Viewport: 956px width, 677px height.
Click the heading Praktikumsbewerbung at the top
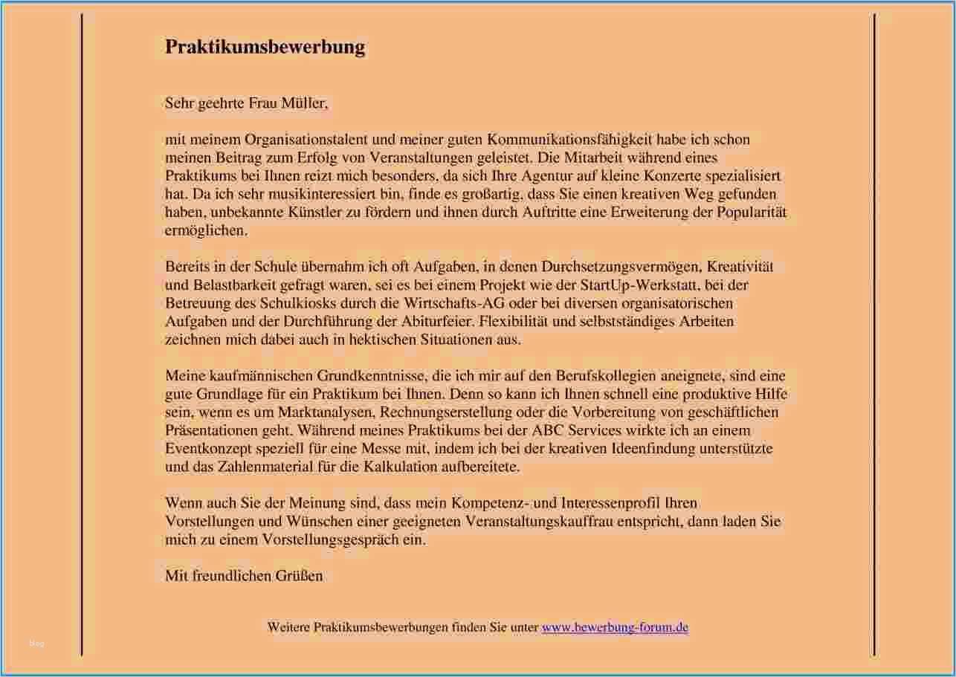pyautogui.click(x=265, y=47)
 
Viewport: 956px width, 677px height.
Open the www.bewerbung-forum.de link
pyautogui.click(x=615, y=627)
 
